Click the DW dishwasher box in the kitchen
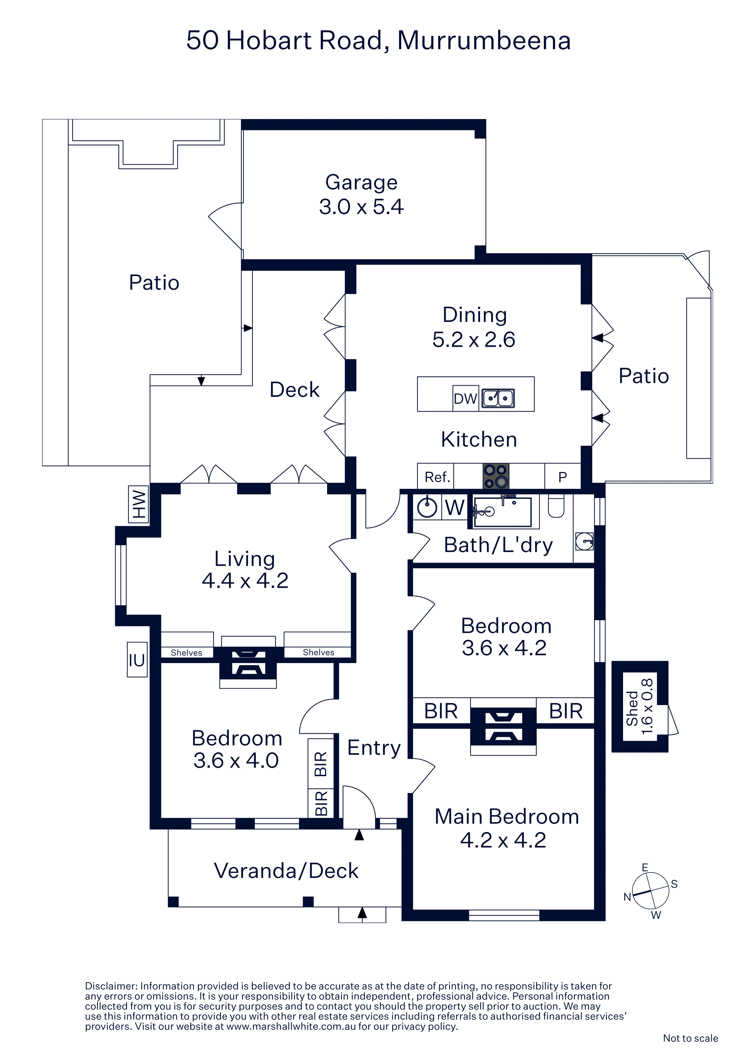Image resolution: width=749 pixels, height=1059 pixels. pyautogui.click(x=465, y=398)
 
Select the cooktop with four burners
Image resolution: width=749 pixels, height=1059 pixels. pyautogui.click(x=496, y=476)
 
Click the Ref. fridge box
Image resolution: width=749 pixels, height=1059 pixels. pyautogui.click(x=436, y=476)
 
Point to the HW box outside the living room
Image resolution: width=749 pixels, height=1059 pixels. pyautogui.click(x=138, y=504)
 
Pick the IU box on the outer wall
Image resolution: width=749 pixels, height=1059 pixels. pyautogui.click(x=137, y=660)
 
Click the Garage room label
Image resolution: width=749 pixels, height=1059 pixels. pyautogui.click(x=361, y=182)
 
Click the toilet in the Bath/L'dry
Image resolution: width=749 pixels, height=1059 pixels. pyautogui.click(x=556, y=507)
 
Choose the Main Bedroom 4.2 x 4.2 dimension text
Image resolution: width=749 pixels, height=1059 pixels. pyautogui.click(x=503, y=840)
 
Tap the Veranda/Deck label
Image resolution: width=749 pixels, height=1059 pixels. pyautogui.click(x=286, y=870)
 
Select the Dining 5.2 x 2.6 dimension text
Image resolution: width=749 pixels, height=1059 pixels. pyautogui.click(x=474, y=340)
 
